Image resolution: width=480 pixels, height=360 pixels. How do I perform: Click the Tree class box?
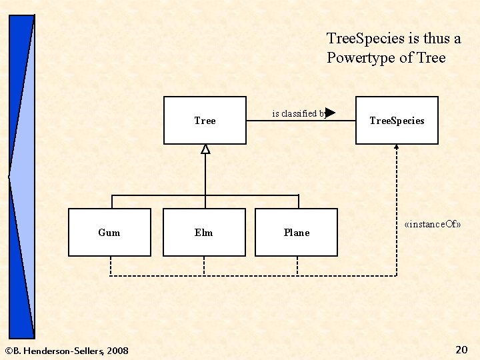[x=205, y=120]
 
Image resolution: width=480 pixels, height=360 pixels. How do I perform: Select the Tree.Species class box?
[x=397, y=120]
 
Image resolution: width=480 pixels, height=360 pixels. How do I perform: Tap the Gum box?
[x=109, y=232]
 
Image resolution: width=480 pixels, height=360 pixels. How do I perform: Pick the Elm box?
[x=204, y=232]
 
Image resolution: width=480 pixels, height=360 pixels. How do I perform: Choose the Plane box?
[x=296, y=232]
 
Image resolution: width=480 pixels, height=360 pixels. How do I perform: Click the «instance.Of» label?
[x=433, y=225]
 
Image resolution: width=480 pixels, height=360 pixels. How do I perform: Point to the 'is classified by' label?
[x=298, y=113]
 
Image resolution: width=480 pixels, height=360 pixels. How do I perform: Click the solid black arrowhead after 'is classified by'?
[x=329, y=113]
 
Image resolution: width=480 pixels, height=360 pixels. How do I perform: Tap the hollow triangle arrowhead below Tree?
[x=205, y=149]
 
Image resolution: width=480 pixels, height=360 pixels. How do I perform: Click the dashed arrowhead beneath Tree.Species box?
[x=397, y=148]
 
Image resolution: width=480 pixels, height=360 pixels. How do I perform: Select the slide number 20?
[x=461, y=349]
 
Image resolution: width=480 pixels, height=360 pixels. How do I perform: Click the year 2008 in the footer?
[x=117, y=351]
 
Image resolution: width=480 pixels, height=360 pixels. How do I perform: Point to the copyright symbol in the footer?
[x=8, y=351]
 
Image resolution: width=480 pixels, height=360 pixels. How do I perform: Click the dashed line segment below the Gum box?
[x=111, y=265]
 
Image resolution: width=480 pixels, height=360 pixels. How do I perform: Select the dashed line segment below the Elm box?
[x=204, y=265]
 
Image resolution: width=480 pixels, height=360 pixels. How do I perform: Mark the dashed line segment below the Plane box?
[x=297, y=265]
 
